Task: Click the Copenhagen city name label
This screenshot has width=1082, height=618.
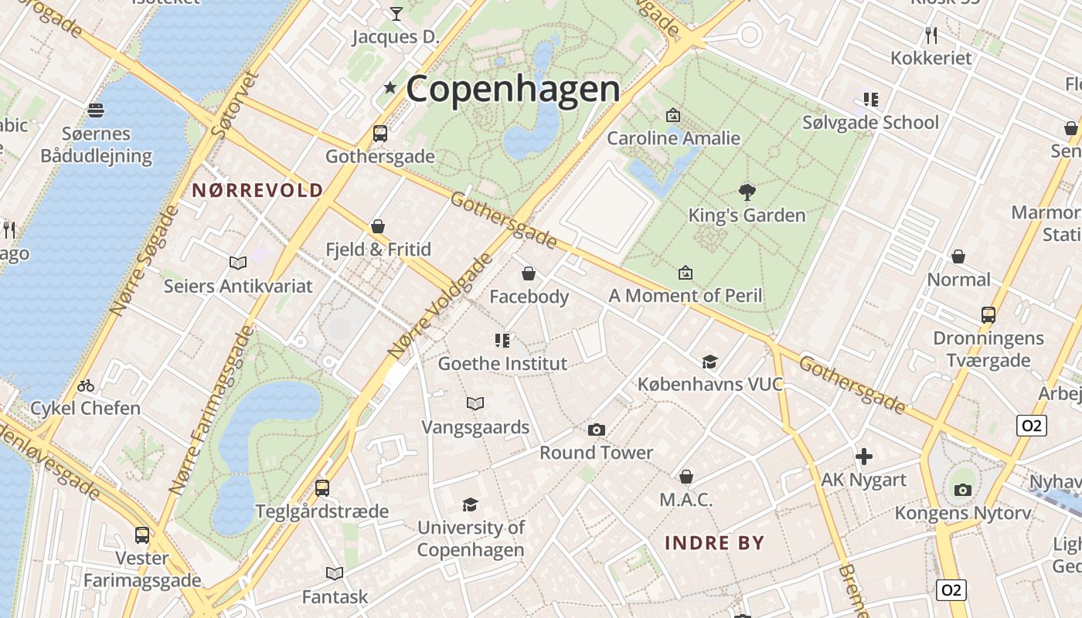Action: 512,88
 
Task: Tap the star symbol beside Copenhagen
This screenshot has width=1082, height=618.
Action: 390,88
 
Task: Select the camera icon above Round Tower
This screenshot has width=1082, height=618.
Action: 596,430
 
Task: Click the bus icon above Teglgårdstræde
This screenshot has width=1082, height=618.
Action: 322,488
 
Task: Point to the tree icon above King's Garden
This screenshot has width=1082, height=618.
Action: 747,192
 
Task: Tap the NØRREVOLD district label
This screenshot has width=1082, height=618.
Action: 257,190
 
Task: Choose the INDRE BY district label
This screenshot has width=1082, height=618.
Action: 714,542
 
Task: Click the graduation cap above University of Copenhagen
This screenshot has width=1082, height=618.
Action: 470,505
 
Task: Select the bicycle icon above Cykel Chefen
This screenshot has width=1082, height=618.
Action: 86,385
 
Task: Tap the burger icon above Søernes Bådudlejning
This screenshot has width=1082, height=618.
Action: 96,110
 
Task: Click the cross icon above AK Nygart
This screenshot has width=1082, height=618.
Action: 863,457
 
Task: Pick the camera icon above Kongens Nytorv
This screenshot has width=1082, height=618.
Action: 962,490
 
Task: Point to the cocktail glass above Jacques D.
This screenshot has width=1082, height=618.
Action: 396,13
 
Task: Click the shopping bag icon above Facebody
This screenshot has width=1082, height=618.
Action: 529,273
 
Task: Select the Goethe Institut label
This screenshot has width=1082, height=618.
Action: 502,363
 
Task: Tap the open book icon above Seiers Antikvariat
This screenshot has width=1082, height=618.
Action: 238,263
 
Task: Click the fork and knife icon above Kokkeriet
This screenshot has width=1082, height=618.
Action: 931,35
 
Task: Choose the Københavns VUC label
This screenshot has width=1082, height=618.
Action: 709,384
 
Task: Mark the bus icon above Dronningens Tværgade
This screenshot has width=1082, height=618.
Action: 988,314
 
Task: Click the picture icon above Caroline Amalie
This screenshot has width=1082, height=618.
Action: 673,116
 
